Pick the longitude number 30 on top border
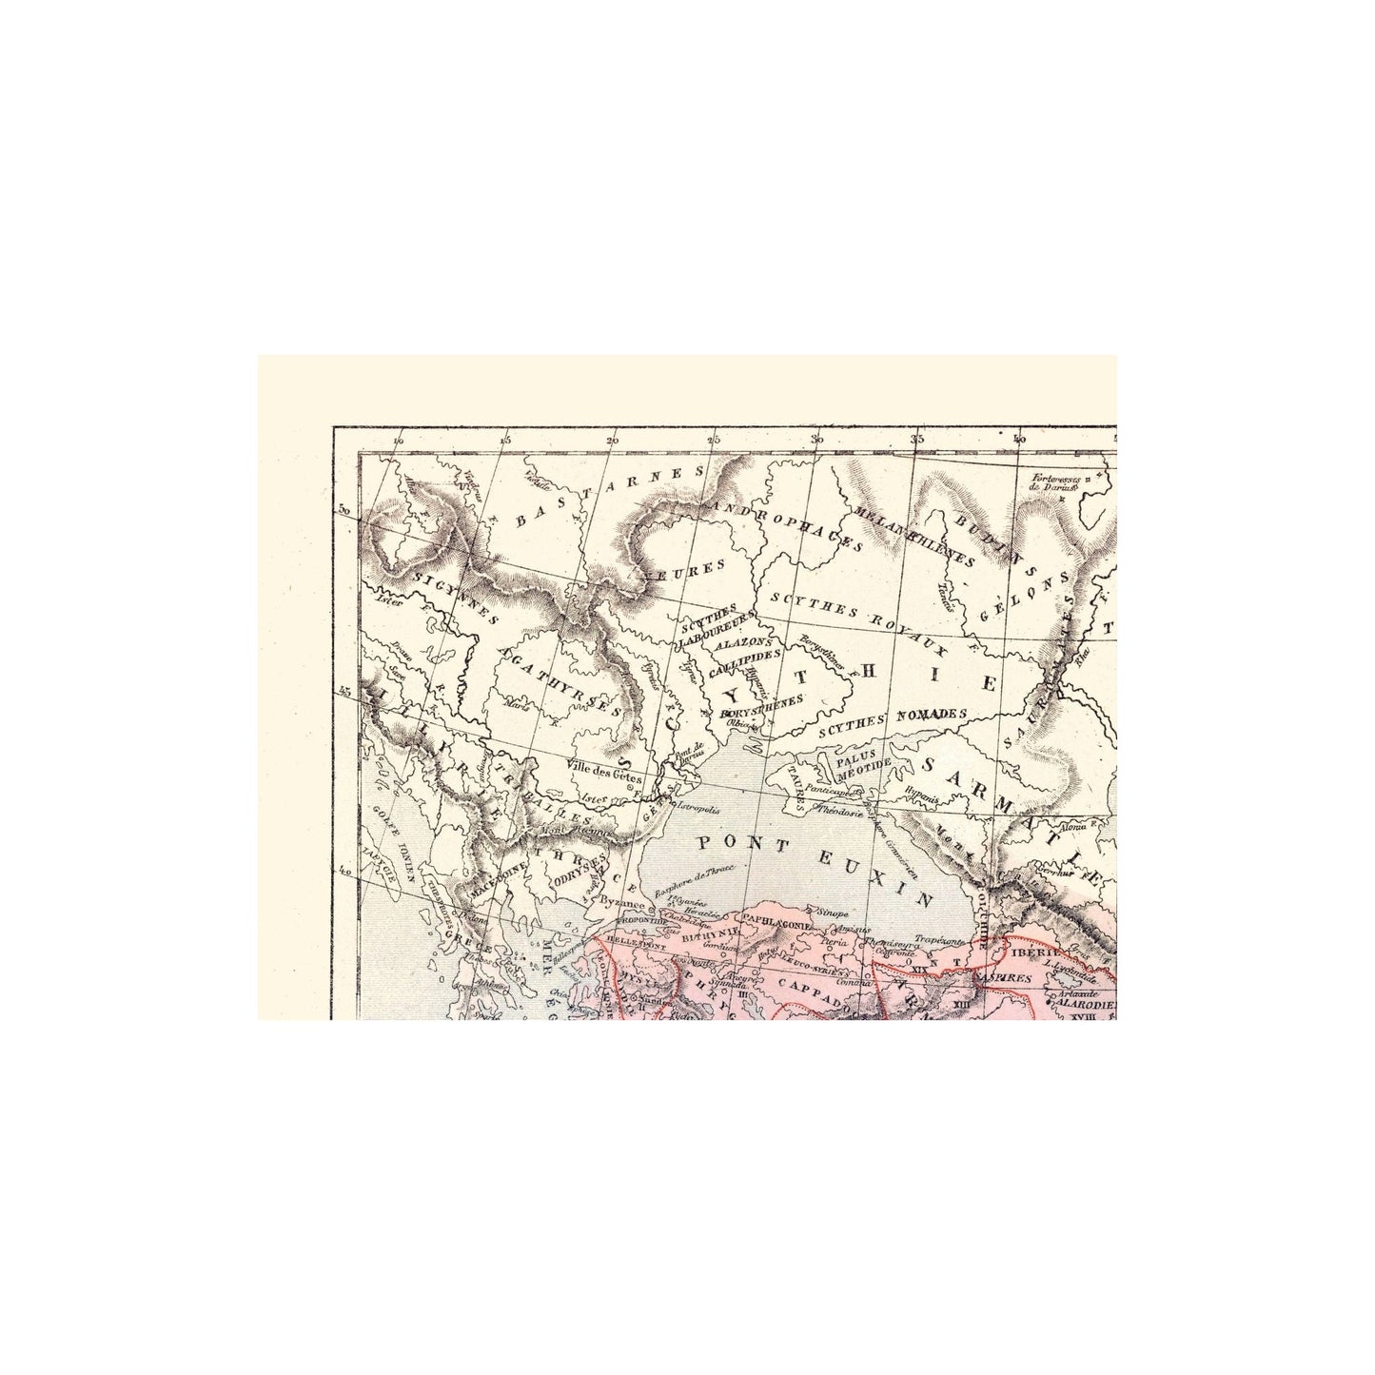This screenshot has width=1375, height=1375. [x=815, y=440]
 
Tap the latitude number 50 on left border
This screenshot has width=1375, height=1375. [x=344, y=511]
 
